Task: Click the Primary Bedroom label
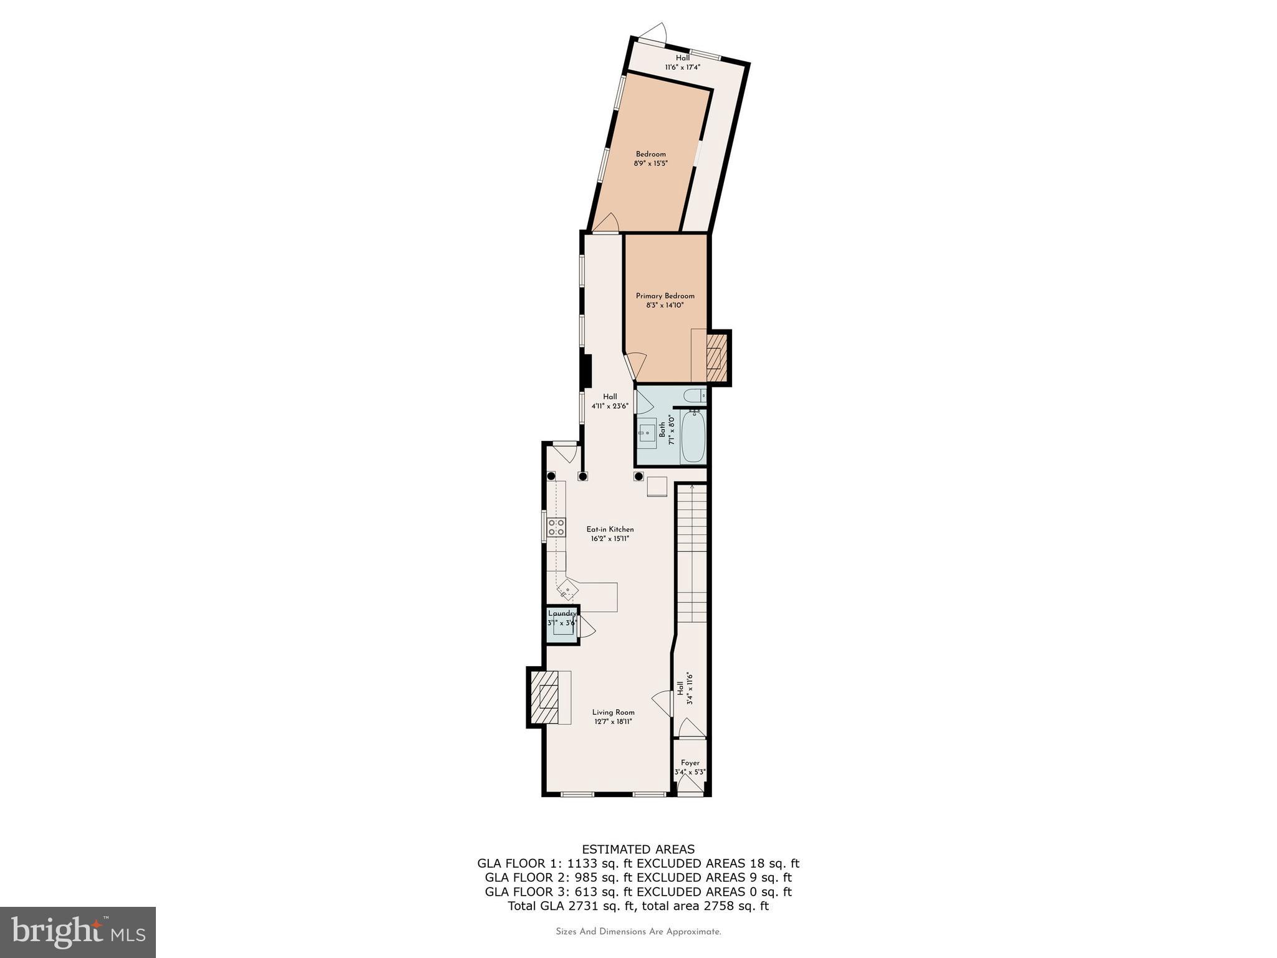tap(665, 296)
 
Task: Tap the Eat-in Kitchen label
tap(610, 529)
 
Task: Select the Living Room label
tap(613, 712)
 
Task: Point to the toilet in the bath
tap(694, 395)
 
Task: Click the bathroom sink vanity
tap(648, 432)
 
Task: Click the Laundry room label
tap(562, 614)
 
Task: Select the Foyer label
tap(690, 763)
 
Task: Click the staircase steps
tap(692, 549)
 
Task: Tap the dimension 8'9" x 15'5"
tap(650, 163)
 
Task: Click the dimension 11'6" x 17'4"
tap(682, 67)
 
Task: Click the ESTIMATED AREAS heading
tap(638, 849)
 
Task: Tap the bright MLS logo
tap(78, 932)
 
